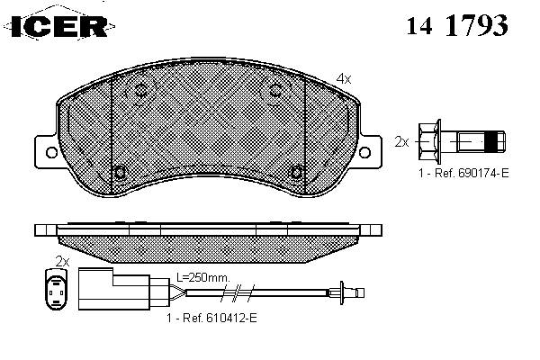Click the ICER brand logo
click(x=59, y=26)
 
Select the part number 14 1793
click(x=457, y=25)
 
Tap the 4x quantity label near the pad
click(x=344, y=79)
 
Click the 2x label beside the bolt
click(x=401, y=141)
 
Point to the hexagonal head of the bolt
click(x=429, y=141)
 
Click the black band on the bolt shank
click(x=491, y=141)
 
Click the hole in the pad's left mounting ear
click(x=51, y=152)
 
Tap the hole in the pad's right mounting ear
click(x=364, y=152)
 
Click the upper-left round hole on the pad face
click(x=141, y=91)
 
